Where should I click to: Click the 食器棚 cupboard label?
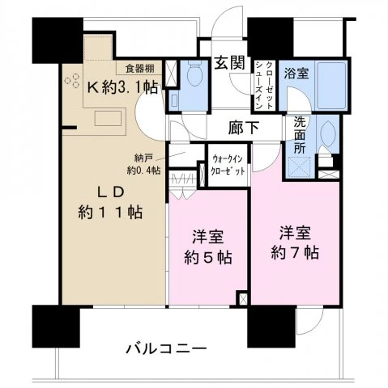pyautogui.click(x=141, y=68)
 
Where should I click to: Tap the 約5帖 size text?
pyautogui.click(x=207, y=259)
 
